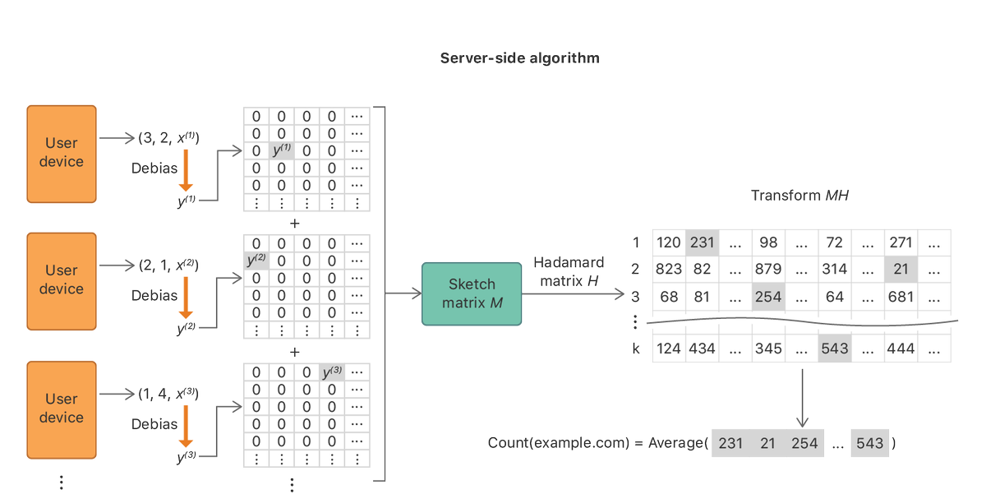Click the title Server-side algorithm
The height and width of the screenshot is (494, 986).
519,58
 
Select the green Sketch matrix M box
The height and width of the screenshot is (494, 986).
472,293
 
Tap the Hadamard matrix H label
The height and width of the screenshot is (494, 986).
569,272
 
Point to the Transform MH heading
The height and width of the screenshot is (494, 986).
799,196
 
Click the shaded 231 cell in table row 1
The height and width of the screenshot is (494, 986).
702,242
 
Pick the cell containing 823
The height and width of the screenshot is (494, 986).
669,269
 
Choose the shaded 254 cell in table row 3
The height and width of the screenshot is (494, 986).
768,296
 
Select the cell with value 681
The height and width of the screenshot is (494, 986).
901,296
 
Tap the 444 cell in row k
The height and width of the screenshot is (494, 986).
901,349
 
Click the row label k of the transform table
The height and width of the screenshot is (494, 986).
635,349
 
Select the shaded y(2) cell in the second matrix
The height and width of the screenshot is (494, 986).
256,261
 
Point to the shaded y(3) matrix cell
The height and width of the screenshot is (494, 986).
331,372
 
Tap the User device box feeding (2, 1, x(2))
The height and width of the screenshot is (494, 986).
62,279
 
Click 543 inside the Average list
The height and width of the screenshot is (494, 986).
869,444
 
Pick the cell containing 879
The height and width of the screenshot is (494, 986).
768,269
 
